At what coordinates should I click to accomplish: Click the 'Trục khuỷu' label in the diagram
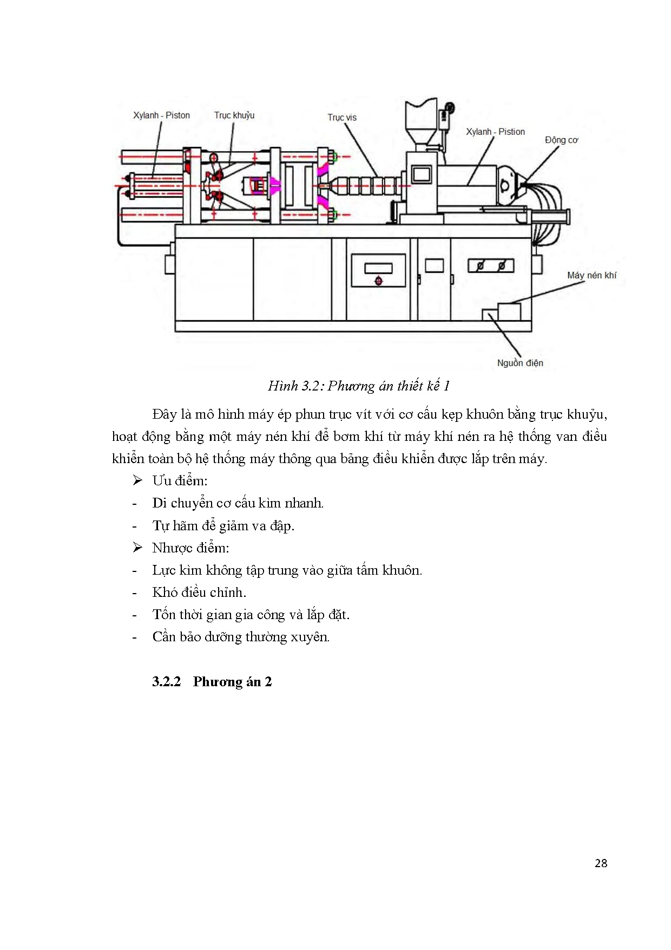[x=234, y=115]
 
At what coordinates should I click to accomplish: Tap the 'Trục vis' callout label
[x=342, y=118]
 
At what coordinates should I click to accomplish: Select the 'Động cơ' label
[x=561, y=140]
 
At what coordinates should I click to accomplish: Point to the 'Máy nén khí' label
[x=591, y=275]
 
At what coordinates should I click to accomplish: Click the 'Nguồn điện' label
[x=520, y=363]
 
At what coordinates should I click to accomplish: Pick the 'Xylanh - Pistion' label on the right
[x=495, y=132]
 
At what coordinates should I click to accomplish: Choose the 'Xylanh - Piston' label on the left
[x=161, y=115]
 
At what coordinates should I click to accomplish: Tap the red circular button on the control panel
[x=378, y=281]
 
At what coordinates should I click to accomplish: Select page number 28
[x=601, y=863]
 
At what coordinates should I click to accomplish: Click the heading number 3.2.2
[x=166, y=681]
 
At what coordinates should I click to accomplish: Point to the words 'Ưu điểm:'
[x=180, y=481]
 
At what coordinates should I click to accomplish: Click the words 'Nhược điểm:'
[x=190, y=548]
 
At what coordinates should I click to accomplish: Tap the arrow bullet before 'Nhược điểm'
[x=137, y=548]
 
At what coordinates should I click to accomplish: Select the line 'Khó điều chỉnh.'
[x=199, y=593]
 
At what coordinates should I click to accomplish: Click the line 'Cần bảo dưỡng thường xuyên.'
[x=241, y=637]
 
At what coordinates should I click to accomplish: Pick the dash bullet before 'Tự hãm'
[x=134, y=526]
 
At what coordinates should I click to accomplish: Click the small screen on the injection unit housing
[x=422, y=174]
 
